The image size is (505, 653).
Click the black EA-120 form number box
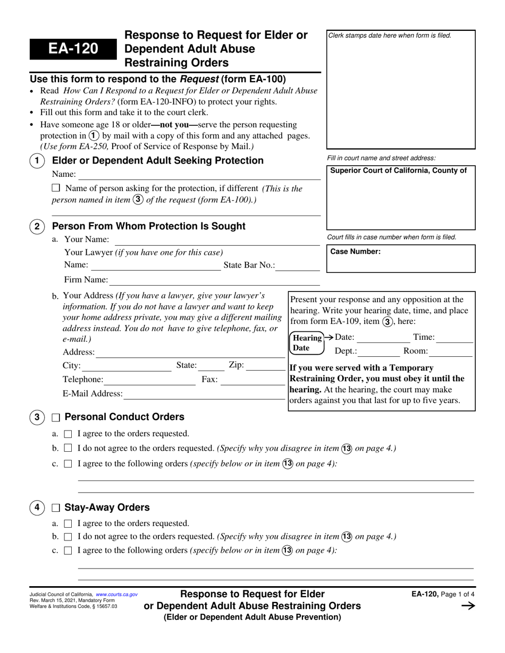coord(73,49)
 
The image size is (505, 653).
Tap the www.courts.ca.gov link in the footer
coord(116,595)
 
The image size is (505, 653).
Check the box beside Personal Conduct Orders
coord(56,417)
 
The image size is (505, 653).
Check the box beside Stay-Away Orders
coord(56,508)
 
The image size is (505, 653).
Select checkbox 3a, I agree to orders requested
coord(68,434)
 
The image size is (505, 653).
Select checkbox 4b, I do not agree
coord(68,537)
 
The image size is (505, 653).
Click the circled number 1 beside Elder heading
coord(37,161)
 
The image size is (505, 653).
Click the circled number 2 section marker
coord(37,227)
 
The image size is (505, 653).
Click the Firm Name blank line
coord(214,280)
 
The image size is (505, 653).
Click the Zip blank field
coord(266,366)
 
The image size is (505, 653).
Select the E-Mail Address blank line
coord(204,394)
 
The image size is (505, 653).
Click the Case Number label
coord(356,252)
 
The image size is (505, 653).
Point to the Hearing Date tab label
coord(307,343)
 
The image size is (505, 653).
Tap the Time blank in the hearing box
coord(455,338)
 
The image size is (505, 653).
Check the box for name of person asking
coord(56,188)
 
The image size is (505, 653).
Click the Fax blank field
coord(252,380)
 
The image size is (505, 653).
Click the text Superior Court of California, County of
coord(399,170)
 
